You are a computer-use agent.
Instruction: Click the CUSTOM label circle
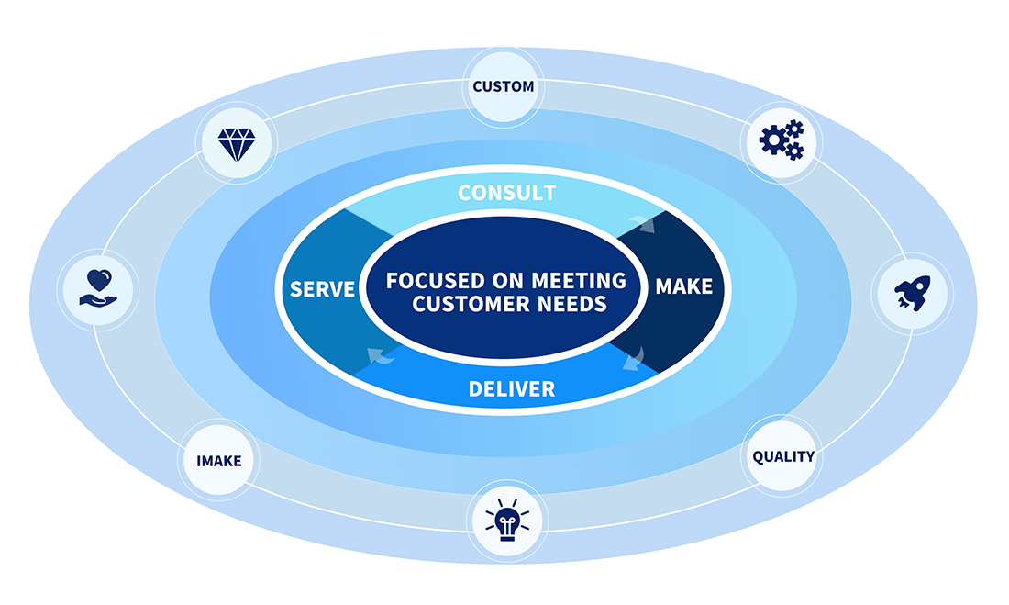503,87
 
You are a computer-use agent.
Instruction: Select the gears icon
782,140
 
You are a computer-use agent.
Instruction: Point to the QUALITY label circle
782,456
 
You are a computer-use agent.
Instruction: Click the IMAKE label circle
219,460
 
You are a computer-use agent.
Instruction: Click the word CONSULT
506,193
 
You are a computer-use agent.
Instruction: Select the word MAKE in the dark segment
683,286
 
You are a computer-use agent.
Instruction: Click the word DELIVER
511,389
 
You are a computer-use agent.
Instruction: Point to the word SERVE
323,289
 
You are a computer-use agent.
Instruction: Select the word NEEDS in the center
571,304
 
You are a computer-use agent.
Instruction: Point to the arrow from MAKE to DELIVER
633,360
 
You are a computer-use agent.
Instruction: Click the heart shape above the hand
97,278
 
